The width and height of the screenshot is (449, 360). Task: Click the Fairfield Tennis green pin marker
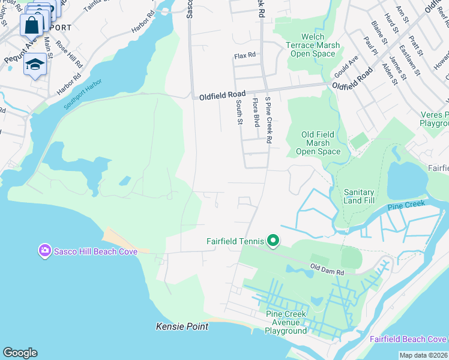click(x=273, y=241)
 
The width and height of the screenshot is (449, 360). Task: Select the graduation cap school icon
click(x=35, y=64)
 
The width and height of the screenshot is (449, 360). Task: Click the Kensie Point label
click(x=182, y=326)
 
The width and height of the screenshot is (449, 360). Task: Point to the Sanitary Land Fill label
click(x=359, y=196)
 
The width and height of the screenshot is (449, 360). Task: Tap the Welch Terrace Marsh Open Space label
click(x=312, y=45)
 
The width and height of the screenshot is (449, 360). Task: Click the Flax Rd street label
click(x=245, y=55)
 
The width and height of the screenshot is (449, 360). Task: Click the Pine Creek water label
click(x=406, y=206)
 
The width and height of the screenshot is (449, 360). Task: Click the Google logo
click(x=20, y=353)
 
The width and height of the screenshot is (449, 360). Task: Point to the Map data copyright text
click(x=423, y=355)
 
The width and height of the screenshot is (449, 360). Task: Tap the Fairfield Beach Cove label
click(x=408, y=338)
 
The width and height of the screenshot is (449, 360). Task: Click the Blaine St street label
click(x=379, y=32)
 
